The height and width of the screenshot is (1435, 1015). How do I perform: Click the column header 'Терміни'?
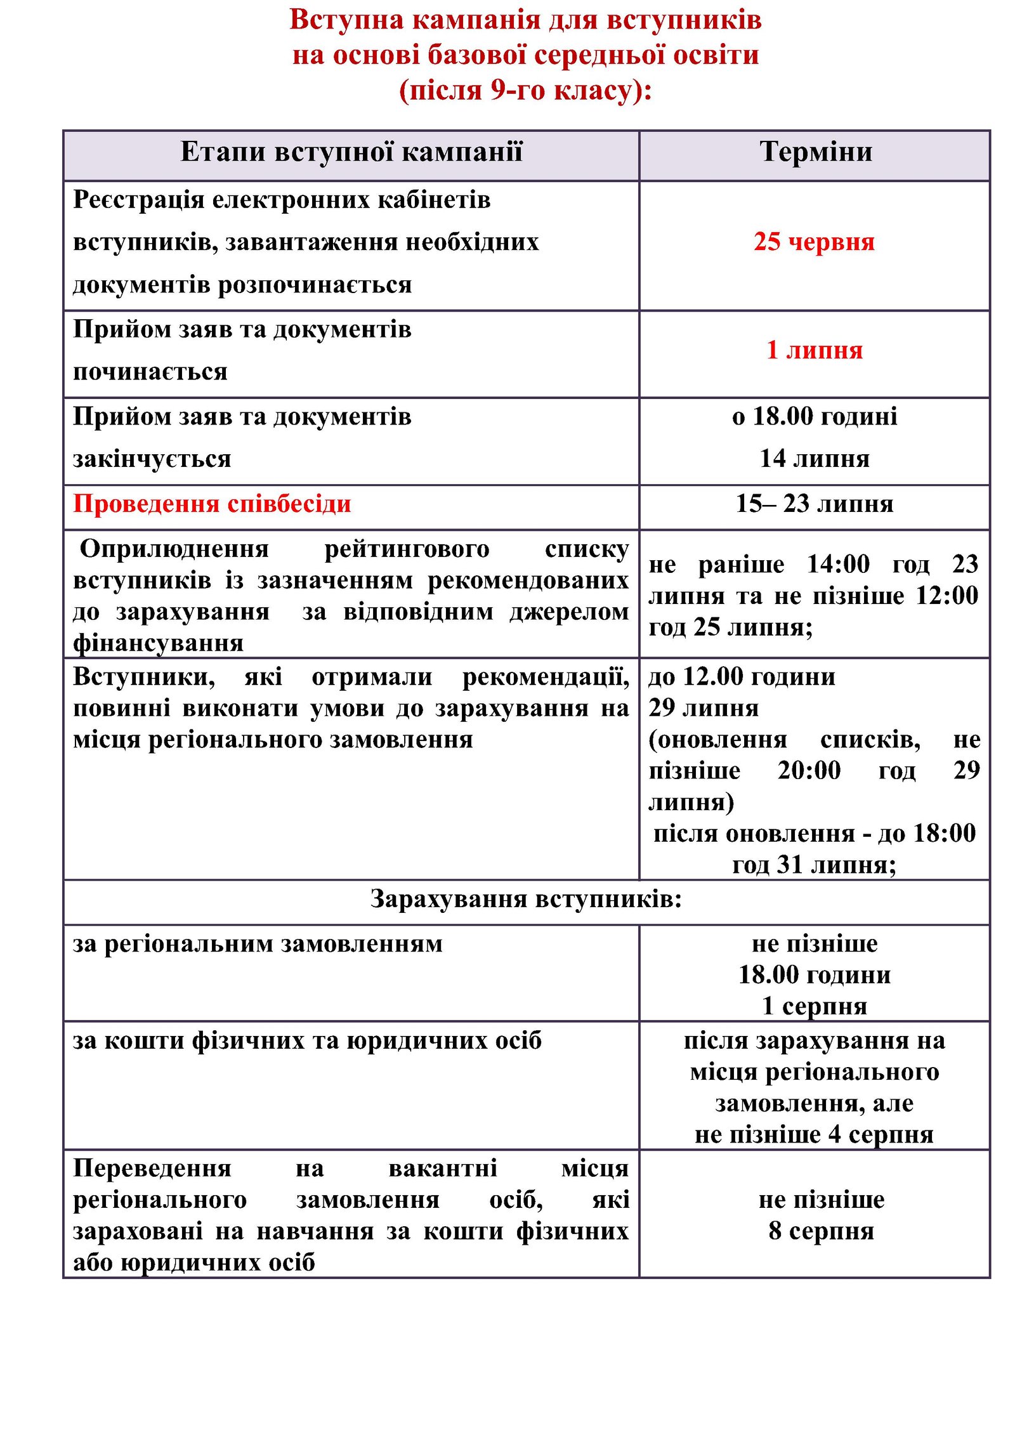click(815, 152)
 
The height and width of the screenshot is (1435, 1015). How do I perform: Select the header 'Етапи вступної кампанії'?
click(351, 152)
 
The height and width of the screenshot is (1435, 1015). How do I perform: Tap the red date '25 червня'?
click(814, 242)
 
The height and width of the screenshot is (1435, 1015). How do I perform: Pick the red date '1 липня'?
click(815, 350)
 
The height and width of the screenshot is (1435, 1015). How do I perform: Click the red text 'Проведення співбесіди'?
click(212, 504)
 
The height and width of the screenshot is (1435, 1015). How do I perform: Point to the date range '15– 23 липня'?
click(814, 504)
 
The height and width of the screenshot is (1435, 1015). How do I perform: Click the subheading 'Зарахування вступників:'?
click(526, 899)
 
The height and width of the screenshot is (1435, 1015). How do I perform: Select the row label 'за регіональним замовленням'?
click(258, 944)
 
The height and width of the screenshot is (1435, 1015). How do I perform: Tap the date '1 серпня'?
click(814, 1006)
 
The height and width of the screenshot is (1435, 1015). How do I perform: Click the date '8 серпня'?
click(821, 1231)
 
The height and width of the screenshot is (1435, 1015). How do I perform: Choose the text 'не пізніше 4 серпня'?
click(814, 1134)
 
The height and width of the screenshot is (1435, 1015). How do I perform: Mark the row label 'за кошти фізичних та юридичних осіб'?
click(307, 1040)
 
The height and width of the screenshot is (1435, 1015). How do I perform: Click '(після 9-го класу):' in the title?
click(525, 90)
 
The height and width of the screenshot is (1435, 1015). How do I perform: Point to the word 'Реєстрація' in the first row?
click(138, 200)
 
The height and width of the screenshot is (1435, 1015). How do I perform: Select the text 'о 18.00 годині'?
click(814, 417)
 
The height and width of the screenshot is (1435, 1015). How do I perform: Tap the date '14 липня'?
click(814, 459)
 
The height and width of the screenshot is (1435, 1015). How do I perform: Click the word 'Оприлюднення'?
click(174, 549)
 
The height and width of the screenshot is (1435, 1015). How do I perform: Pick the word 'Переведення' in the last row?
click(152, 1168)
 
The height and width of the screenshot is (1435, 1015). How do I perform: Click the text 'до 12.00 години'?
click(741, 677)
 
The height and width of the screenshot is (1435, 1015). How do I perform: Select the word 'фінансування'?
click(158, 643)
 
